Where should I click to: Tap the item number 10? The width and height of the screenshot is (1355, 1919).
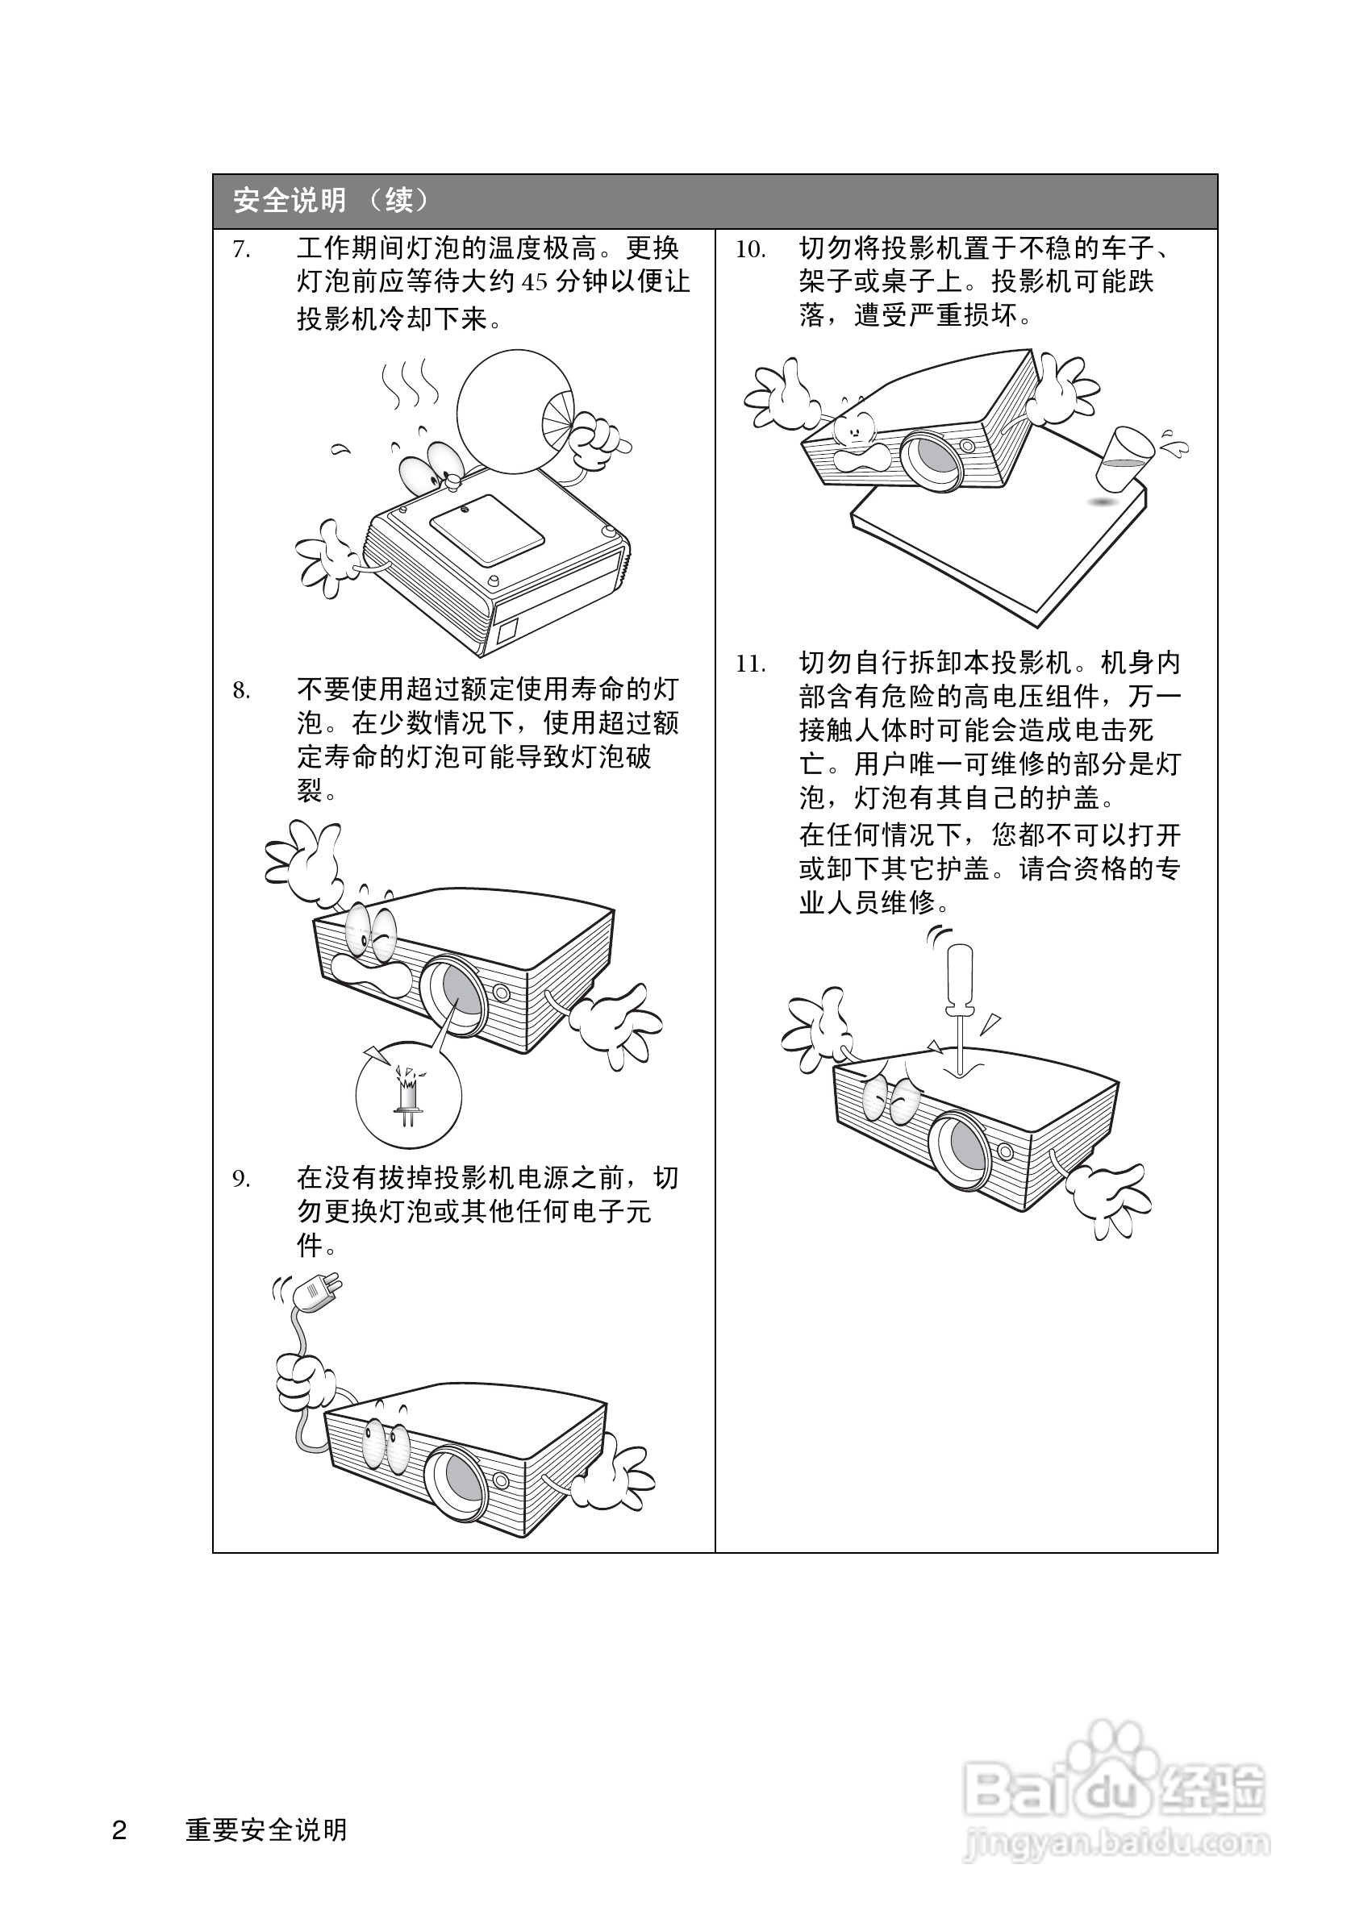pos(750,249)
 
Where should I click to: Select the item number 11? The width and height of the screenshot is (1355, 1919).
pos(750,664)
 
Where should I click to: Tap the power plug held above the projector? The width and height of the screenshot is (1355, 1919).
pos(317,1292)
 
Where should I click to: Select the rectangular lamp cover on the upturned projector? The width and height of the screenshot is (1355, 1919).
pos(486,528)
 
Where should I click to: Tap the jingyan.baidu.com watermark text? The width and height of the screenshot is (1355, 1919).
pos(1116,1842)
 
